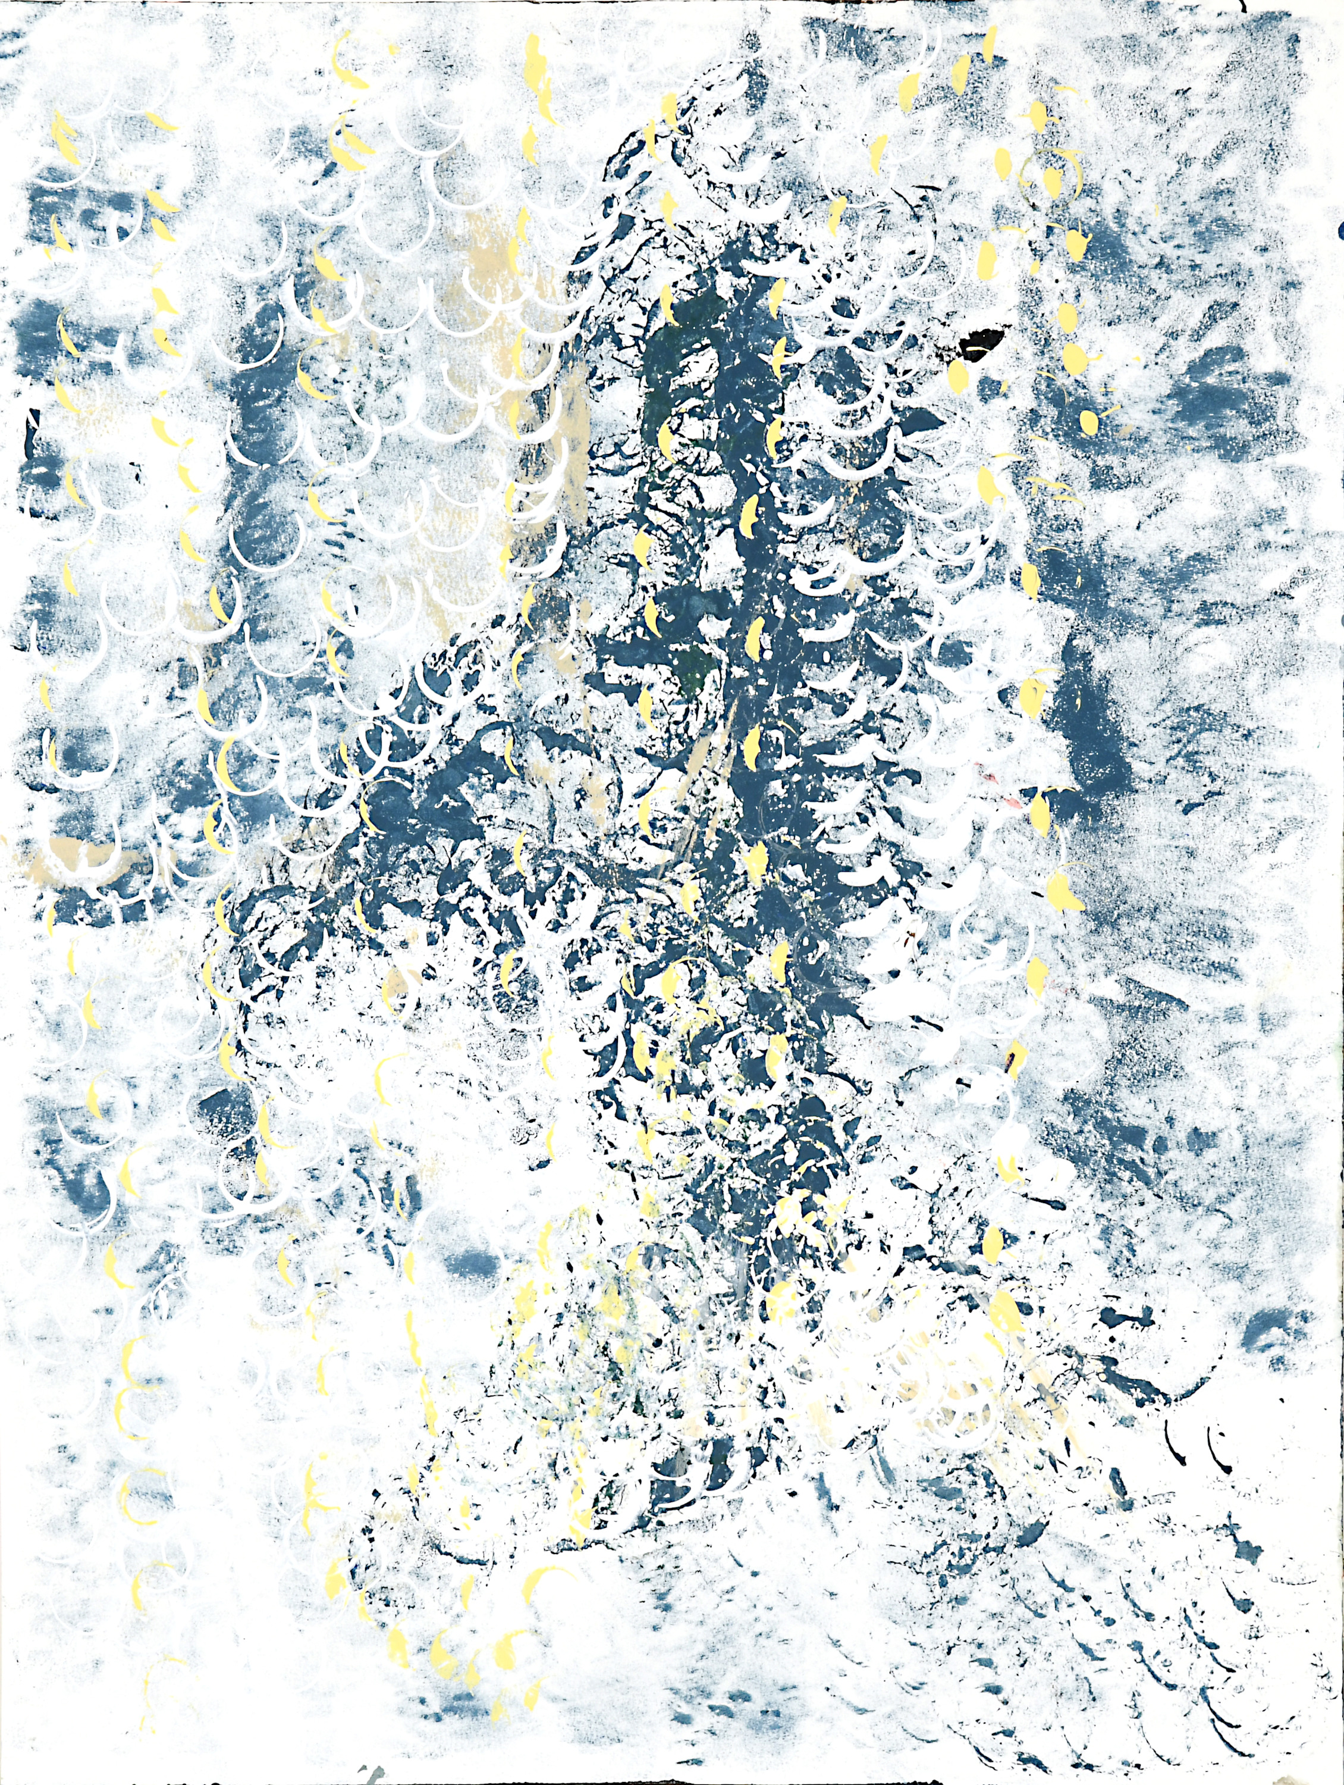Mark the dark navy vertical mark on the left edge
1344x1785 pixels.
click(34, 419)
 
